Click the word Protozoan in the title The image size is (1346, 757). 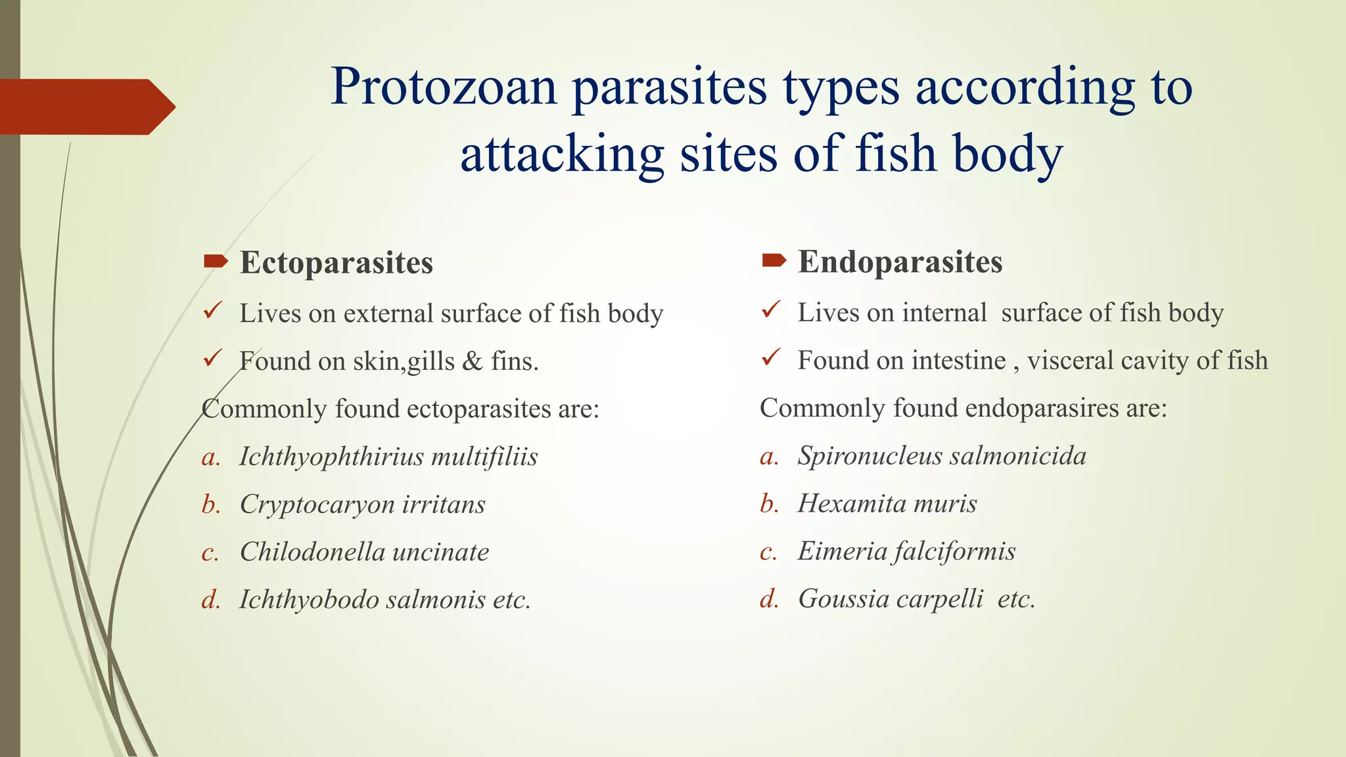pyautogui.click(x=444, y=87)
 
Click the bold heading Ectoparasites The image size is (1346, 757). pyautogui.click(x=336, y=263)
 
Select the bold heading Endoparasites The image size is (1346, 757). pyautogui.click(x=900, y=262)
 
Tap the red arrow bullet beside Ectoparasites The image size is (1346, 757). pyautogui.click(x=216, y=262)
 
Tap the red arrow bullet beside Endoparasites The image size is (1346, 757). pyautogui.click(x=774, y=262)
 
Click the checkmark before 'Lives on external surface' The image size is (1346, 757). pyautogui.click(x=212, y=310)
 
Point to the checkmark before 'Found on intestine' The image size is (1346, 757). pyautogui.click(x=770, y=357)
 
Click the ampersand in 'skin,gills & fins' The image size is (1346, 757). pyautogui.click(x=473, y=361)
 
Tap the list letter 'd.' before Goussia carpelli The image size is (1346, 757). pyautogui.click(x=769, y=599)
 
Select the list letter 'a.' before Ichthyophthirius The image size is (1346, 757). pyautogui.click(x=211, y=457)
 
